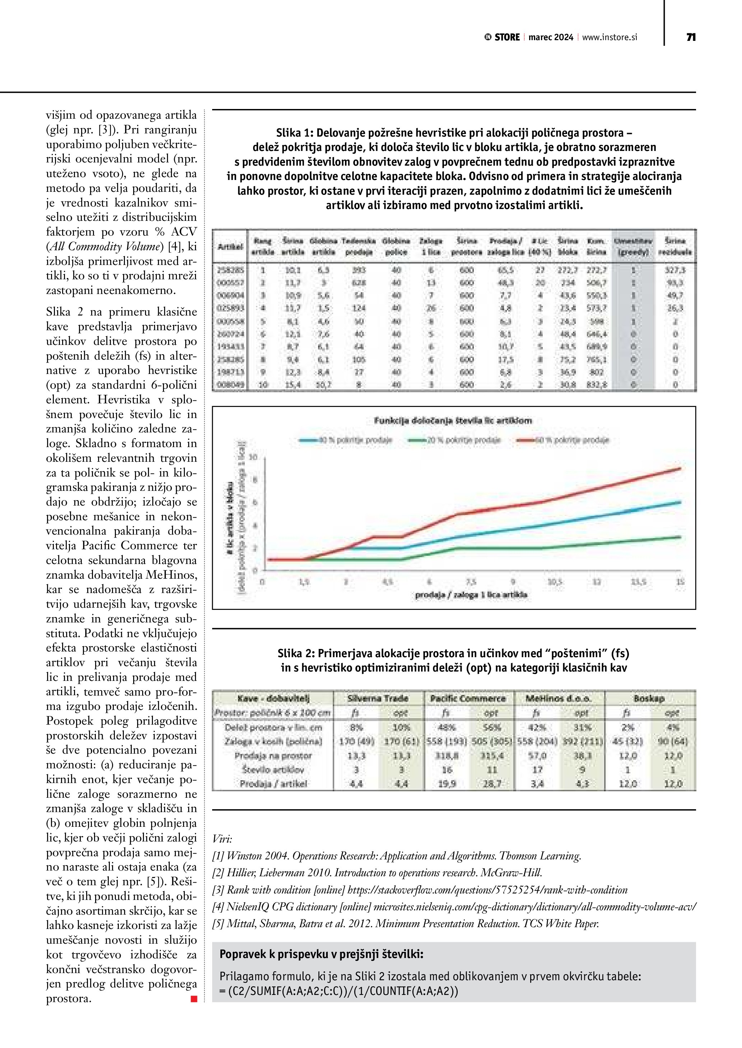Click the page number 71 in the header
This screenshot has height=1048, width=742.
pos(691,37)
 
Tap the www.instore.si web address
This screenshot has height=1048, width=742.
pos(610,37)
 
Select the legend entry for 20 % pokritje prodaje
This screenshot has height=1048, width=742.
pos(454,440)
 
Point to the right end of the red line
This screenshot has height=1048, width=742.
pos(680,468)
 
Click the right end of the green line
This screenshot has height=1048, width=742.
pos(680,537)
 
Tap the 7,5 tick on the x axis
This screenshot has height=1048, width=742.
pos(471,582)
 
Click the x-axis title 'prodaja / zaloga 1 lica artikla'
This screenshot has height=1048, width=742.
pos(471,595)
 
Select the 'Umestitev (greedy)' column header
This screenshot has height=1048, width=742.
pos(633,246)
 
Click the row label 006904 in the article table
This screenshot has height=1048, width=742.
pos(230,295)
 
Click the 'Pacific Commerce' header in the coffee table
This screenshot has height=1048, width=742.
pos(468,698)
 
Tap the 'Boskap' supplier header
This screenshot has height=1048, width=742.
pos(649,698)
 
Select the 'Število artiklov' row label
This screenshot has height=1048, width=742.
pos(273,769)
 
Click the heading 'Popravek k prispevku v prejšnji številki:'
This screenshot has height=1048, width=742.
pos(321,954)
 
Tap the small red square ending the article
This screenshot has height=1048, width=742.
pos(194,999)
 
